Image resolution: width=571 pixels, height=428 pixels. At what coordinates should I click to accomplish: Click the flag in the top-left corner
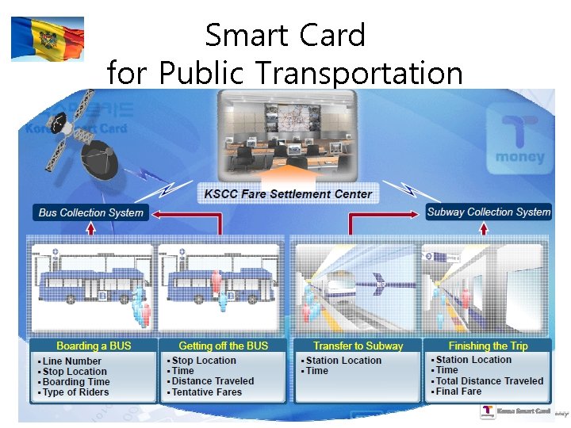tap(47, 39)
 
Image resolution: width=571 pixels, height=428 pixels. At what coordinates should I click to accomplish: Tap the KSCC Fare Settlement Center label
tap(288, 193)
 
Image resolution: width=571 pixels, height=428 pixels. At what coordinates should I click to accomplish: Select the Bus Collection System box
tap(91, 212)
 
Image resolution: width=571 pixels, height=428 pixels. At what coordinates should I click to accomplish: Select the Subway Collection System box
tap(489, 212)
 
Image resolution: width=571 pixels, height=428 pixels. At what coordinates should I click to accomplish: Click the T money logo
tap(519, 141)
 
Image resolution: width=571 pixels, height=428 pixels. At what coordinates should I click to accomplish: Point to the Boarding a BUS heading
tap(94, 346)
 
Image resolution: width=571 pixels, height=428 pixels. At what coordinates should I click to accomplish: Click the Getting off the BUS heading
tap(224, 346)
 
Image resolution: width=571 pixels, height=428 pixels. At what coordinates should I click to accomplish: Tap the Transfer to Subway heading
tap(358, 346)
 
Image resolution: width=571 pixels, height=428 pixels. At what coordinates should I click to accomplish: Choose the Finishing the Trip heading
tap(488, 346)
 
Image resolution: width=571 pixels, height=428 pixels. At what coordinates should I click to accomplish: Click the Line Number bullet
tap(72, 361)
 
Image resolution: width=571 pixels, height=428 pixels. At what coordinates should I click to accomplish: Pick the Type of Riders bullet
tap(76, 392)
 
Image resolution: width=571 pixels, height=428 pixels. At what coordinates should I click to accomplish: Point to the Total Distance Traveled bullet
tap(489, 381)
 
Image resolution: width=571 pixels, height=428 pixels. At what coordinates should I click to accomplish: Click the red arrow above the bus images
tap(90, 229)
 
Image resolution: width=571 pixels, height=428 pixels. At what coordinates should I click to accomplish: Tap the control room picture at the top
tap(288, 136)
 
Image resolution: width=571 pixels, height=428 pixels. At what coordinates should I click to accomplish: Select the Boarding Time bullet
tap(76, 382)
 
